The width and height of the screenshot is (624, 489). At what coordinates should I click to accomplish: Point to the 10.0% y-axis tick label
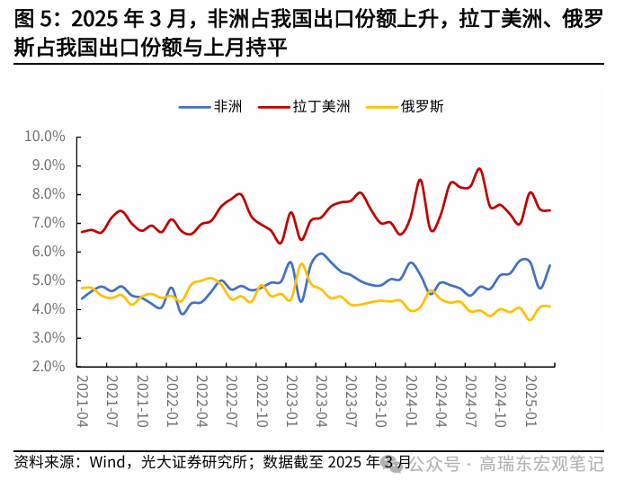(x=44, y=137)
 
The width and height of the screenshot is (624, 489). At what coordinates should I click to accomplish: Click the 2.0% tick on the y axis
(x=48, y=367)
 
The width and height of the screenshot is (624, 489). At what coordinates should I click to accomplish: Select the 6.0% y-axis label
(x=48, y=252)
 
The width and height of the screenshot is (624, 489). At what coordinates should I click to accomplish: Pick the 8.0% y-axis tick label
(x=48, y=194)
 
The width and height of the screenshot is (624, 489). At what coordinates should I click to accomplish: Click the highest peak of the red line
(x=479, y=168)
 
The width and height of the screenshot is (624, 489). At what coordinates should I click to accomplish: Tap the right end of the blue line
(x=550, y=265)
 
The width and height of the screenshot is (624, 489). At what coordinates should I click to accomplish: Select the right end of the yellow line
(x=550, y=307)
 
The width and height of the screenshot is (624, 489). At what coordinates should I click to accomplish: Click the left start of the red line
(x=82, y=232)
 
